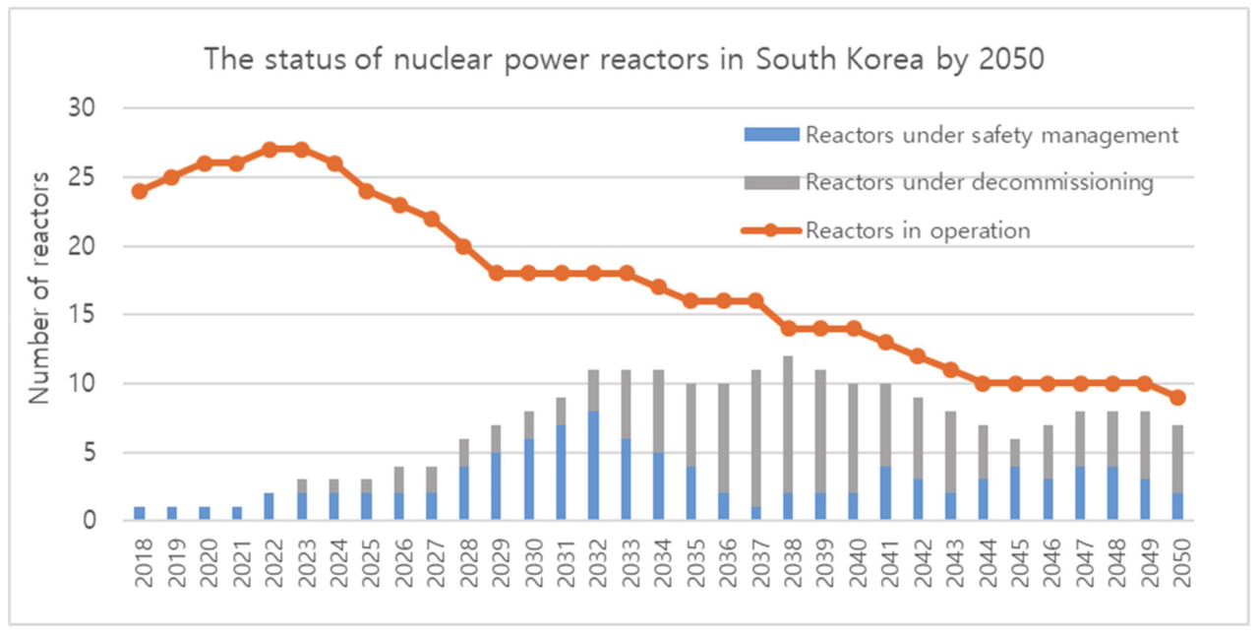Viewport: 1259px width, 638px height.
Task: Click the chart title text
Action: (x=624, y=59)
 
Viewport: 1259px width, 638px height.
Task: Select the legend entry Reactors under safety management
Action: (x=990, y=135)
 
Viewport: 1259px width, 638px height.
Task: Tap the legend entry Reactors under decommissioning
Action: (x=979, y=182)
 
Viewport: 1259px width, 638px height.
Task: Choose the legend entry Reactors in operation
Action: (x=917, y=230)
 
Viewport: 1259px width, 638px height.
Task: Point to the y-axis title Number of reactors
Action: (x=39, y=287)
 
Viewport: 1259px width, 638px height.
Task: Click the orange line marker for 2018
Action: (x=140, y=191)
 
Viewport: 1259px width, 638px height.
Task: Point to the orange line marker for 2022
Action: (x=269, y=150)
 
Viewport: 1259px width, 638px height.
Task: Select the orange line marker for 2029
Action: (x=497, y=273)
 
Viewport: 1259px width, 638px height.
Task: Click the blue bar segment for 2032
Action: (x=594, y=465)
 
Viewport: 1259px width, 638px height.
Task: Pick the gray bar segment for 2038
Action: (x=788, y=424)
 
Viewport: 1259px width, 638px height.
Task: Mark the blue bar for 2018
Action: (x=140, y=513)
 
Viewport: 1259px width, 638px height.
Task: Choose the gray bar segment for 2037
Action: (x=755, y=438)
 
